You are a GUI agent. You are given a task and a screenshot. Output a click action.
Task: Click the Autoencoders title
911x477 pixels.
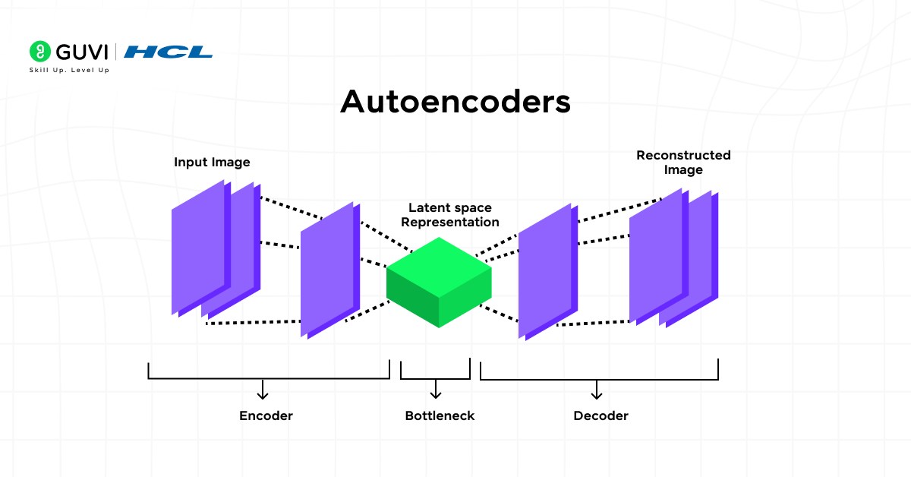point(455,102)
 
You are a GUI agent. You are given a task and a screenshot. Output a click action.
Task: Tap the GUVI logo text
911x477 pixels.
point(81,52)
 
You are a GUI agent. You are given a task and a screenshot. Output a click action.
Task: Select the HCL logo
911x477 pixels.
point(168,52)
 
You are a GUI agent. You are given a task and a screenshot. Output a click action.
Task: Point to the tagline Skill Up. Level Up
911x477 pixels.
point(69,70)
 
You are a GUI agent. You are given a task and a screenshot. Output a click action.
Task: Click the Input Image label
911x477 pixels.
point(212,163)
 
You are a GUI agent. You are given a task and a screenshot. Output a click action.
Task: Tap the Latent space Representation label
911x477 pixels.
point(450,215)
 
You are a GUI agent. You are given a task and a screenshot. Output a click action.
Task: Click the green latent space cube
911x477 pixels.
point(439,283)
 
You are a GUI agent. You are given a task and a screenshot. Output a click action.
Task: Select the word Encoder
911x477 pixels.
point(266,415)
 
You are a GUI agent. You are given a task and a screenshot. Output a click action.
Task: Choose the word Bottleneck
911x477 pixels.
point(440,415)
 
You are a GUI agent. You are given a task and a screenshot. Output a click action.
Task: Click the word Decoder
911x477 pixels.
point(601,415)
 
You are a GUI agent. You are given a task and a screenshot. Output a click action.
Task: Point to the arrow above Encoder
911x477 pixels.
point(263,389)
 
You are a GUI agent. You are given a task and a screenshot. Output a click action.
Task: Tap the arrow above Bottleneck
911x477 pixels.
point(436,389)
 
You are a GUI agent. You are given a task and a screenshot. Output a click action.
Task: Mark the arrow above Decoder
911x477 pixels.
point(597,389)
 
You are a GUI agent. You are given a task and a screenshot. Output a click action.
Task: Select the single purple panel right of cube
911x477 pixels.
point(545,272)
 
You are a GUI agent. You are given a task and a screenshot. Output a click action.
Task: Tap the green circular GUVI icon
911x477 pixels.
point(39,52)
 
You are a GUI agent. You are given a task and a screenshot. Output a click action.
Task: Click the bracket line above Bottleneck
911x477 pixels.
point(436,377)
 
